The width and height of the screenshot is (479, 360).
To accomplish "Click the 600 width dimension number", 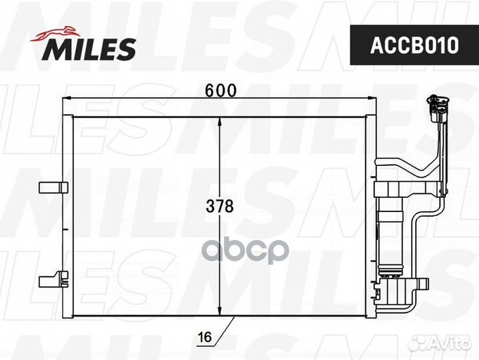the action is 221,91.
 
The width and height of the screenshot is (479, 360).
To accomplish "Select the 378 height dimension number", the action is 220,206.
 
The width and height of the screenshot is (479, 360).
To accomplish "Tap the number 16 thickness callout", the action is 205,337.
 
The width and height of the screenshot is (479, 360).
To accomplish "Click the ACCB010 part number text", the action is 414,45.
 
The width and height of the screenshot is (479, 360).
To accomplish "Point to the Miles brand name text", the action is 89,49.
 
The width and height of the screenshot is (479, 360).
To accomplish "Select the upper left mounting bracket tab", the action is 53,187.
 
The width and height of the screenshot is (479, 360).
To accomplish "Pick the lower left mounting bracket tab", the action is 53,279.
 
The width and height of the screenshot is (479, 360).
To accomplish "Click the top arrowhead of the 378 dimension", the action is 219,122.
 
